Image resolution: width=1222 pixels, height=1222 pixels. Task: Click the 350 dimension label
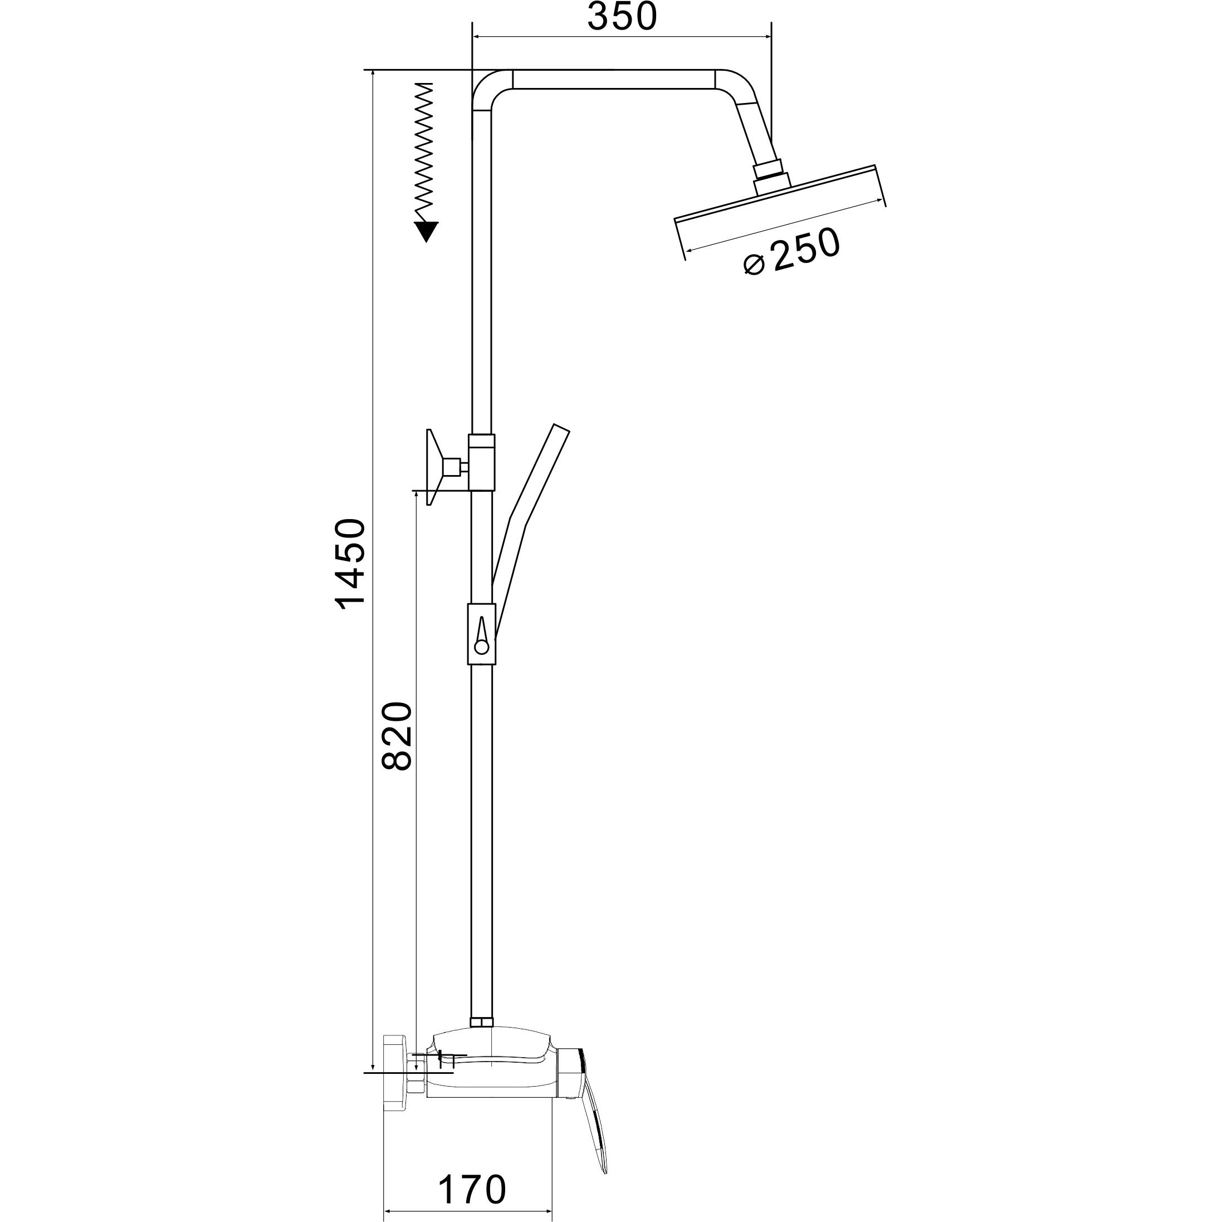[x=622, y=17]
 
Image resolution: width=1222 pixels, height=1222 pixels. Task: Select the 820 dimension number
[x=397, y=736]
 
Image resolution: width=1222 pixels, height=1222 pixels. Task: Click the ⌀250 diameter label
[x=793, y=251]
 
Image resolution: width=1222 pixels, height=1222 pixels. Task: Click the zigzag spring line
[x=424, y=152]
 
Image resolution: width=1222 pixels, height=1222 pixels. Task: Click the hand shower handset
[x=530, y=532]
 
